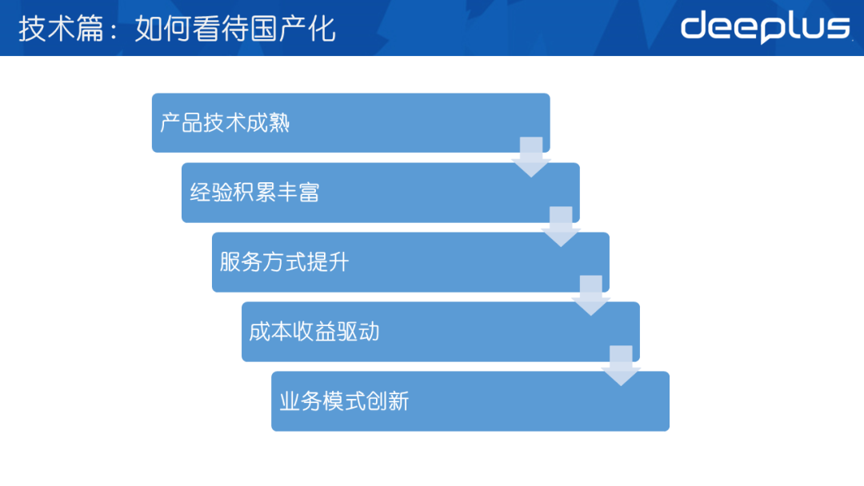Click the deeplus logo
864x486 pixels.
pyautogui.click(x=766, y=27)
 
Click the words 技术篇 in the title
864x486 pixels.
pyautogui.click(x=61, y=29)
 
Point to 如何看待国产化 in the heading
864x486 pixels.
pyautogui.click(x=235, y=29)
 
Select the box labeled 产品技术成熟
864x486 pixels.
pyautogui.click(x=350, y=123)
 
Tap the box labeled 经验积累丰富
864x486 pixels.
pyautogui.click(x=380, y=193)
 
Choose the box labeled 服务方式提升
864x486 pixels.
pyautogui.click(x=410, y=262)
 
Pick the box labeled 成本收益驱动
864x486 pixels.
pyautogui.click(x=440, y=332)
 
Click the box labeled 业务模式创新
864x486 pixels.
pyautogui.click(x=470, y=401)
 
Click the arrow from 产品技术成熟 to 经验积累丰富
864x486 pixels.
pyautogui.click(x=531, y=157)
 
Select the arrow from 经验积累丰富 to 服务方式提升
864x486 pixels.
pyautogui.click(x=561, y=226)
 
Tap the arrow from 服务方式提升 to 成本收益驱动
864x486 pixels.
pyautogui.click(x=590, y=296)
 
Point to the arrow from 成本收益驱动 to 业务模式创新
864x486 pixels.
pyautogui.click(x=621, y=365)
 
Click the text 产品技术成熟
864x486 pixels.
pyautogui.click(x=225, y=123)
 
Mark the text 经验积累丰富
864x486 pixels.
pyautogui.click(x=254, y=193)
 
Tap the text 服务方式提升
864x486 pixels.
pyautogui.click(x=284, y=262)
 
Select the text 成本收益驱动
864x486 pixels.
pyautogui.click(x=314, y=332)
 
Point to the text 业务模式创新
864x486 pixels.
pyautogui.click(x=344, y=401)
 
